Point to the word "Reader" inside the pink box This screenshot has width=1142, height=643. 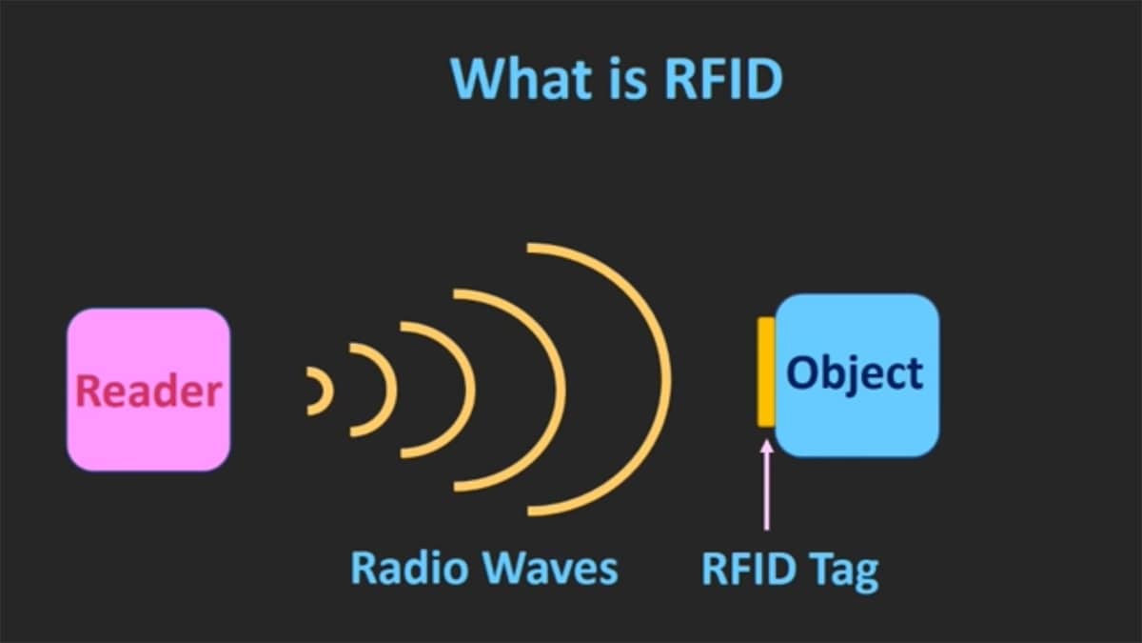[148, 391]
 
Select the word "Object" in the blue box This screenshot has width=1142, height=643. [855, 373]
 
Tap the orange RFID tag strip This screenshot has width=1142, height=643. [765, 372]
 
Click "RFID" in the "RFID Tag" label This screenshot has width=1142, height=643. [747, 568]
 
